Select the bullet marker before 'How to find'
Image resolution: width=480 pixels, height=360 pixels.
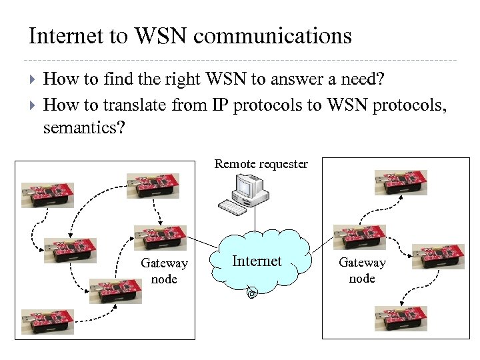click(33, 79)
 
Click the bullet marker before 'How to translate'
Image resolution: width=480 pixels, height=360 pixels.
click(33, 104)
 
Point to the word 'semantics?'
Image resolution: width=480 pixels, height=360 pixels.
click(83, 127)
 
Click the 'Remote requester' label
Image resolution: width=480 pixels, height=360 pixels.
click(261, 164)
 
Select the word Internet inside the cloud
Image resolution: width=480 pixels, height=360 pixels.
click(257, 261)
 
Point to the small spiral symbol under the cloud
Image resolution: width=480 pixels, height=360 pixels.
click(252, 293)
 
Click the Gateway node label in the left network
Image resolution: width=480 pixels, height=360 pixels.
click(164, 271)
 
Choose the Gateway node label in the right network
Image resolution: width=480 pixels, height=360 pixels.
click(362, 271)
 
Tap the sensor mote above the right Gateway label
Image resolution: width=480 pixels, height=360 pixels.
click(359, 237)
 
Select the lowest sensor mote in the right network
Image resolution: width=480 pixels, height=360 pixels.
click(401, 318)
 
